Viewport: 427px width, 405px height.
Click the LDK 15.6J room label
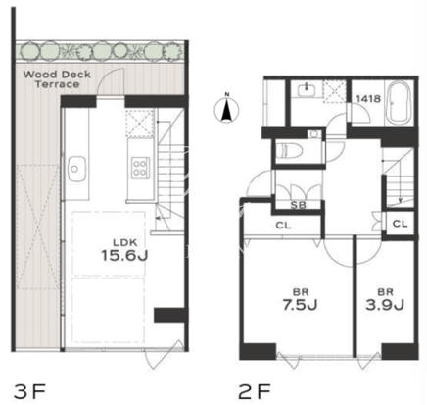tap(124, 251)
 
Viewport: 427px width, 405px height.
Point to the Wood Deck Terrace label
tap(57, 79)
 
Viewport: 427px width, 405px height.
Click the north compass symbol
tap(226, 110)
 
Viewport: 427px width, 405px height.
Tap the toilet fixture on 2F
tap(289, 152)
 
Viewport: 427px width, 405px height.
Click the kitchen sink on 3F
tap(77, 169)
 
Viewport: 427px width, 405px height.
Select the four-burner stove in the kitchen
tap(140, 168)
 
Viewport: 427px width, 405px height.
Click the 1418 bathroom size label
tap(368, 98)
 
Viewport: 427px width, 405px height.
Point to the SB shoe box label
tap(299, 205)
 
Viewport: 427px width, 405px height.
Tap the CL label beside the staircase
tap(400, 224)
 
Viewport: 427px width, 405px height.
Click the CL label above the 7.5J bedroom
tap(283, 226)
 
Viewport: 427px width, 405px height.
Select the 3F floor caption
tap(29, 391)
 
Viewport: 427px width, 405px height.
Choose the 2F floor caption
tap(255, 391)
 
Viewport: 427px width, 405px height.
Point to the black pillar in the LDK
tap(169, 315)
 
